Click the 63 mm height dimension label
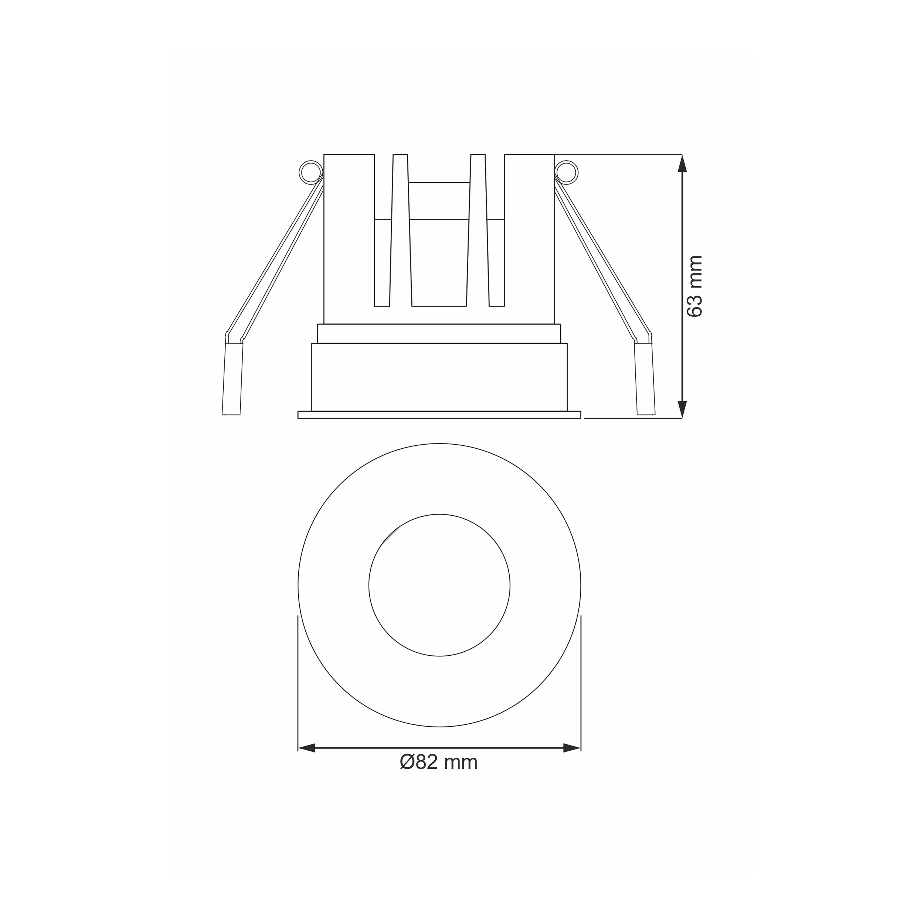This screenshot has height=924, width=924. (694, 286)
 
